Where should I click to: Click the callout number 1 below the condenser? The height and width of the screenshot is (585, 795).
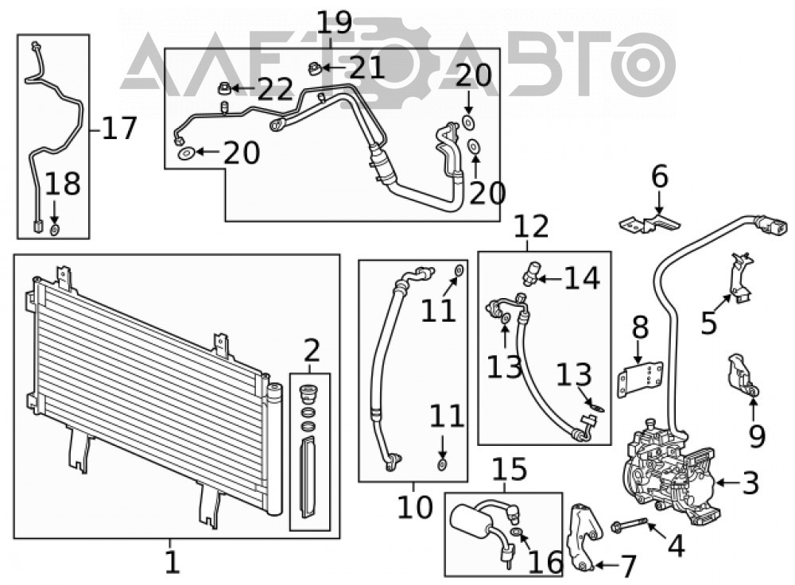pyautogui.click(x=173, y=562)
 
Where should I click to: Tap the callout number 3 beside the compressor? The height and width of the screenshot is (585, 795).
pyautogui.click(x=750, y=482)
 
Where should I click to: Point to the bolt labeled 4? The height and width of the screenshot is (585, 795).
pyautogui.click(x=629, y=524)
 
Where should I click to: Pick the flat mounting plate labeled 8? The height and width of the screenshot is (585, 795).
pyautogui.click(x=640, y=378)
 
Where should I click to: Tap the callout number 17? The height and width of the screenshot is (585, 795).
pyautogui.click(x=119, y=128)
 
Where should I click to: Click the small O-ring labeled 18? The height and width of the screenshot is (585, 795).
pyautogui.click(x=54, y=231)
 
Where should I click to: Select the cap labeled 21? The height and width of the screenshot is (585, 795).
pyautogui.click(x=314, y=68)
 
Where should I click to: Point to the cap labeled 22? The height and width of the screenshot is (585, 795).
pyautogui.click(x=224, y=89)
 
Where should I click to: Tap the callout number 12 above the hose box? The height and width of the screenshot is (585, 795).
pyautogui.click(x=531, y=227)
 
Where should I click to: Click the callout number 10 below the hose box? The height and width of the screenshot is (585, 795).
pyautogui.click(x=415, y=506)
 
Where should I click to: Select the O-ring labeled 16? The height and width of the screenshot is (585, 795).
pyautogui.click(x=517, y=532)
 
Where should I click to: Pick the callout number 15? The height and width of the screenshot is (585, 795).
pyautogui.click(x=510, y=469)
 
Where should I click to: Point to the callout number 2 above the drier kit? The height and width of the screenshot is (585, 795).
pyautogui.click(x=311, y=351)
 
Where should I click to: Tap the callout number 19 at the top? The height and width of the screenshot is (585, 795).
pyautogui.click(x=334, y=23)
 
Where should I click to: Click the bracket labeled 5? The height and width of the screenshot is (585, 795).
pyautogui.click(x=742, y=278)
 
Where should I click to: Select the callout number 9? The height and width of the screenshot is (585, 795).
pyautogui.click(x=757, y=436)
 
